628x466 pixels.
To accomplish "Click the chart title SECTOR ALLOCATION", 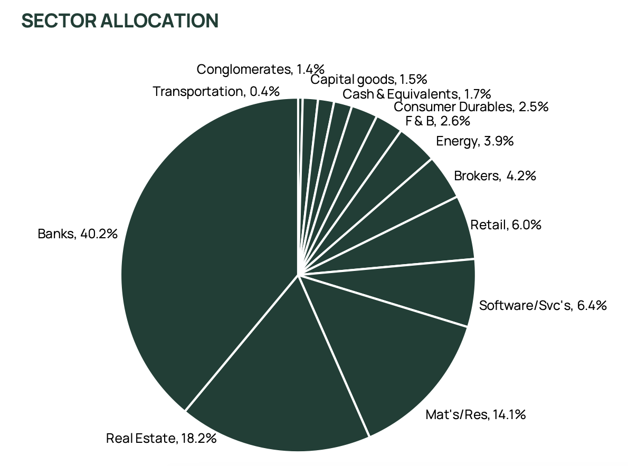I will [120, 21].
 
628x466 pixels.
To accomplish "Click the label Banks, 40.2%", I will [77, 234].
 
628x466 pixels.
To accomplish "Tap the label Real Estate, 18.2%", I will [161, 438].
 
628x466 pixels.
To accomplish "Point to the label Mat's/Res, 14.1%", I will [475, 415].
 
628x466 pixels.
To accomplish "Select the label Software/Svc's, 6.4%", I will [543, 305].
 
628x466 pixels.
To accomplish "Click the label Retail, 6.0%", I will [506, 225].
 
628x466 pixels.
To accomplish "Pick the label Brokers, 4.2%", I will [494, 176].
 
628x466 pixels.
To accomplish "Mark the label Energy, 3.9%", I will [474, 141].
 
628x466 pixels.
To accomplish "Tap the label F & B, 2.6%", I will [437, 121].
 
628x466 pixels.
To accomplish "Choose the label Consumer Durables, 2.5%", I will [471, 107].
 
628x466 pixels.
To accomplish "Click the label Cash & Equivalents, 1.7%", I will [416, 94].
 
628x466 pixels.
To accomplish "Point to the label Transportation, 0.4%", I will [216, 91].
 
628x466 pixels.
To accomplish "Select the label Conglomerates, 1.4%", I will [260, 69].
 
